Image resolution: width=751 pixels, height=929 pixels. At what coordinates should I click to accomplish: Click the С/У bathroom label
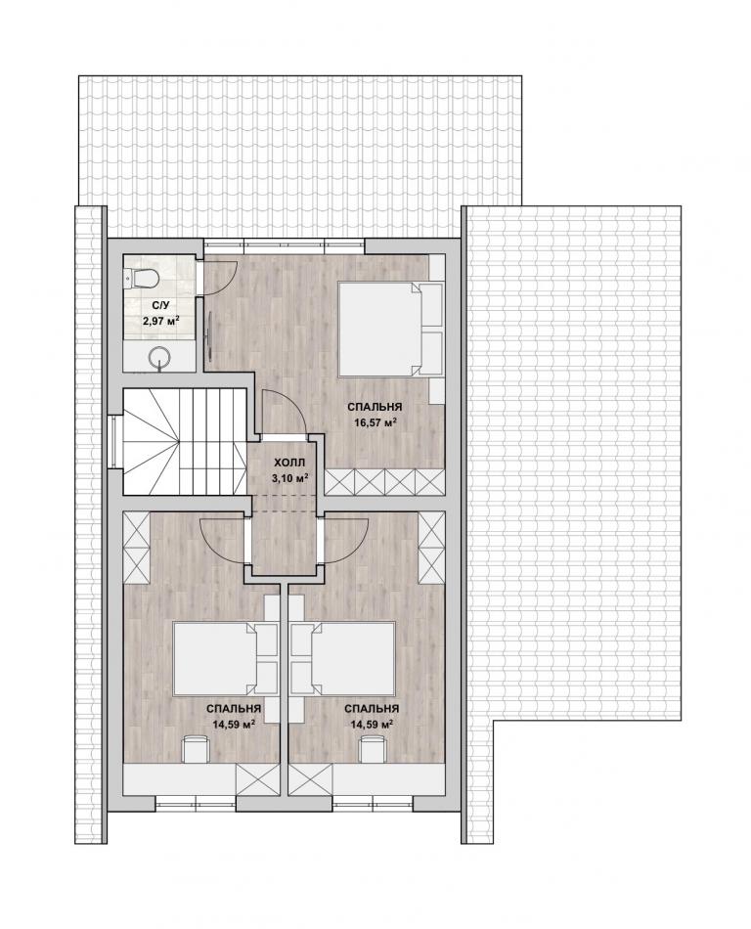point(160,306)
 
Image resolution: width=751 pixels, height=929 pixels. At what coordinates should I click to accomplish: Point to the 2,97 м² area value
point(160,321)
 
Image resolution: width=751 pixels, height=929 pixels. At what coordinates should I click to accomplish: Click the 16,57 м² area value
point(374,422)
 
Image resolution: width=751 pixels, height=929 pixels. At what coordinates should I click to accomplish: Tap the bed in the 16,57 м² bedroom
point(390,330)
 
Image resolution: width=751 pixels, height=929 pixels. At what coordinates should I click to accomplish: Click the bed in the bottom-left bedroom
point(226,659)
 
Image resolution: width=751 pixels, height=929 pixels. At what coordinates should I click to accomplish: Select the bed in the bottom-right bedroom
point(343,659)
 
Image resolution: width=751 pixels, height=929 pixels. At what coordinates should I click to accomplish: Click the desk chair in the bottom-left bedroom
point(196,749)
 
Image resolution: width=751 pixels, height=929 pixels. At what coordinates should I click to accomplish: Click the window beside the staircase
point(112,441)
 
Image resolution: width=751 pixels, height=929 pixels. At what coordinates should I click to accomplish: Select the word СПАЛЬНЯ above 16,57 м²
point(375,407)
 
